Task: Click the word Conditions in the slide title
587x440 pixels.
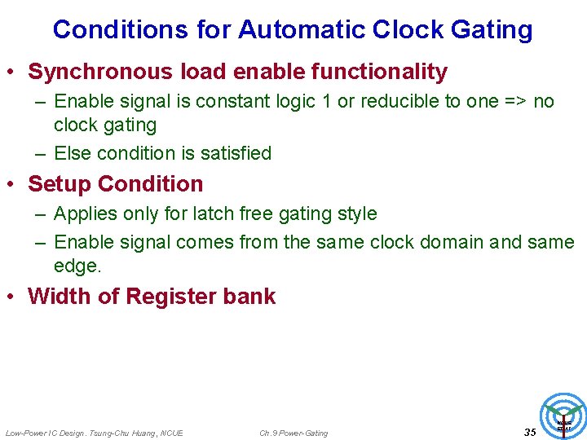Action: tap(121, 30)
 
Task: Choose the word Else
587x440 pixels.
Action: tap(71, 153)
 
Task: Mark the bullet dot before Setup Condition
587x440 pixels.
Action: tap(12, 185)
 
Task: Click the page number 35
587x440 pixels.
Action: tap(530, 432)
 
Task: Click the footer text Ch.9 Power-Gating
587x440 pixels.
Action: tap(293, 433)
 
